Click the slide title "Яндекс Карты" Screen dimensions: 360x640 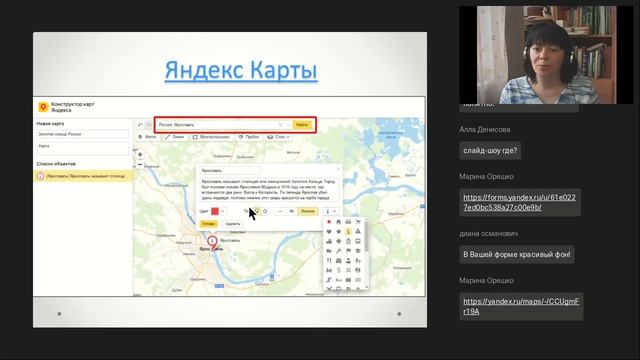(240, 71)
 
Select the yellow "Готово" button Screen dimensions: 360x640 (207, 224)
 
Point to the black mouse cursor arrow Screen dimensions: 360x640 (252, 212)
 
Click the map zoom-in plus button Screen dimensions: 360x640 (140, 155)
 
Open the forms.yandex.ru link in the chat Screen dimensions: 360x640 (519, 202)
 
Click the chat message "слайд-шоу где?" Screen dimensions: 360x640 (490, 151)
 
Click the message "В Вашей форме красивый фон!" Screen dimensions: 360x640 (516, 255)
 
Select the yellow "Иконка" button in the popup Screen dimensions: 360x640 (307, 211)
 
